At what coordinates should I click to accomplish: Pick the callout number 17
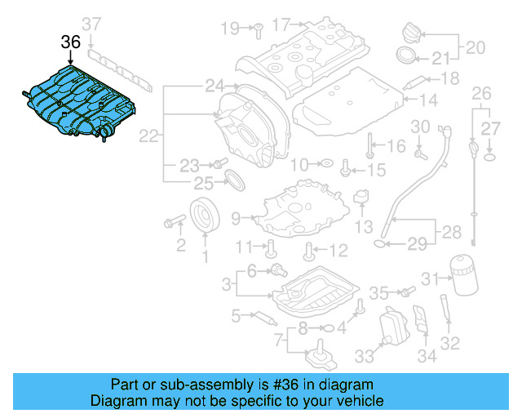point(281,24)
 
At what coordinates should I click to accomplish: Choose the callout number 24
point(215,85)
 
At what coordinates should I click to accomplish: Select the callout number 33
point(362,356)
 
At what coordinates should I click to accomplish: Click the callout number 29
point(417,243)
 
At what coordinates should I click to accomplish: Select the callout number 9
point(236,218)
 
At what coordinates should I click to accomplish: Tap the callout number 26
point(482,92)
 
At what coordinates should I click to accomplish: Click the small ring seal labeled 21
point(404,56)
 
